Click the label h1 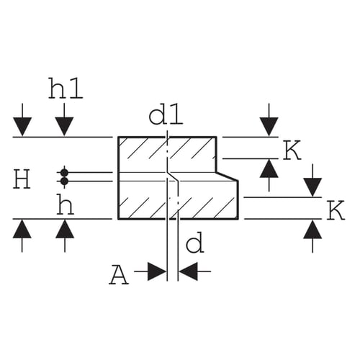point(66,89)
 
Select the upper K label point(292,150)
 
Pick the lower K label point(336,210)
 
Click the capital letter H point(22,179)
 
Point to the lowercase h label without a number point(65,204)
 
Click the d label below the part point(194,245)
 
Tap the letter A point(119,276)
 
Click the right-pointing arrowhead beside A point(157,271)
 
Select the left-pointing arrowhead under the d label point(188,271)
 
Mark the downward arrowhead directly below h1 point(64,127)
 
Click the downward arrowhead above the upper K point(269,127)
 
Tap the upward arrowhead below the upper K point(269,168)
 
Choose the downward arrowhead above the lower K point(312,187)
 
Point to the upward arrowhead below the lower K point(312,230)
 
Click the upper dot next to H point(64,172)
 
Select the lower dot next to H point(64,181)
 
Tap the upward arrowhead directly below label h point(65,229)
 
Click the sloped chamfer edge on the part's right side point(228,176)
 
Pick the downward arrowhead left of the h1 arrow point(22,127)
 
